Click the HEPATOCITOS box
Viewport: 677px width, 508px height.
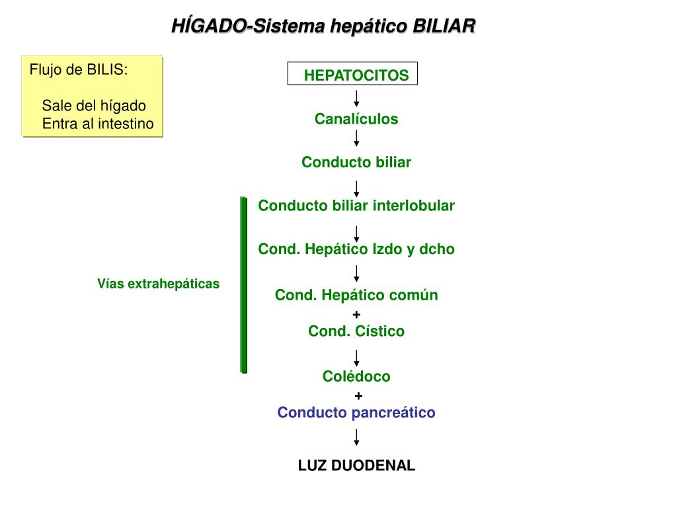[x=353, y=75]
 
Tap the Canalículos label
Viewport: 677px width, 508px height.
[x=356, y=119]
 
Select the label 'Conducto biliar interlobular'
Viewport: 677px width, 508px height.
[x=356, y=206]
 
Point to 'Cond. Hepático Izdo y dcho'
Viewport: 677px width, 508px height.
[x=356, y=249]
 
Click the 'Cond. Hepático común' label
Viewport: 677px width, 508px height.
[x=356, y=295]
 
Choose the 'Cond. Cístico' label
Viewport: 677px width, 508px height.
[x=356, y=331]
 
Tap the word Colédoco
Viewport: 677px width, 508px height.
[x=356, y=376]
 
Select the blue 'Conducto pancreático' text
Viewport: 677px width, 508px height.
[x=356, y=413]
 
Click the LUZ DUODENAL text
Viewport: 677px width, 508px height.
[x=356, y=466]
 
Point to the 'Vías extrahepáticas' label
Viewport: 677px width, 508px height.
[x=158, y=284]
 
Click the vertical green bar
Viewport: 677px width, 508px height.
[x=243, y=284]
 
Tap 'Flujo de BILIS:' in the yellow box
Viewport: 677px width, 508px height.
[x=78, y=70]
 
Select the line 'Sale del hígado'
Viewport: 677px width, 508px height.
[x=94, y=106]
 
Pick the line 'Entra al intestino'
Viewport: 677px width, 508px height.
[x=98, y=123]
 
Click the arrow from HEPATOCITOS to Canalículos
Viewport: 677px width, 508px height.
[x=356, y=99]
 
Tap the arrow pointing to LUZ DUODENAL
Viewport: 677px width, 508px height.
[x=356, y=437]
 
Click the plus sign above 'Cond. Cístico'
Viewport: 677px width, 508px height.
[x=356, y=314]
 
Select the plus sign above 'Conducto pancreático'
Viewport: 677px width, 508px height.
[x=358, y=396]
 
